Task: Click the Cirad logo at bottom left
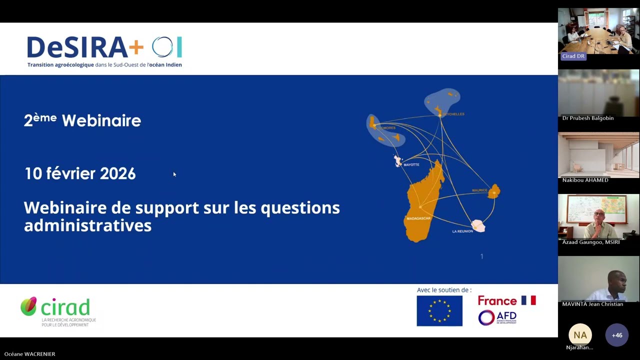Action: pyautogui.click(x=56, y=311)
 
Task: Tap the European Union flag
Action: pyautogui.click(x=439, y=311)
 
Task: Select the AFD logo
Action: pyautogui.click(x=497, y=317)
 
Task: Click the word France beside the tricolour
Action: pyautogui.click(x=497, y=300)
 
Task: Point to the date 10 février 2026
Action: pyautogui.click(x=80, y=173)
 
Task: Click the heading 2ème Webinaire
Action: pyautogui.click(x=82, y=120)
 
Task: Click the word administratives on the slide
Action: pyautogui.click(x=87, y=225)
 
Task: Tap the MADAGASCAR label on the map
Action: pyautogui.click(x=418, y=218)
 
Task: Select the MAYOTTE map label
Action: pyautogui.click(x=411, y=164)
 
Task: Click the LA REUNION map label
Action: pyautogui.click(x=462, y=231)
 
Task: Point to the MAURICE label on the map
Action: pyautogui.click(x=479, y=190)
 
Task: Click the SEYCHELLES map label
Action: pyautogui.click(x=453, y=114)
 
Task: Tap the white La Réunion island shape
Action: pyautogui.click(x=479, y=226)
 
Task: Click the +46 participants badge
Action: pyautogui.click(x=617, y=335)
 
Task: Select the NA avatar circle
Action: pyautogui.click(x=580, y=335)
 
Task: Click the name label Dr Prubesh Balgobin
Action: pyautogui.click(x=588, y=118)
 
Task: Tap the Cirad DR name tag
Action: pyautogui.click(x=573, y=56)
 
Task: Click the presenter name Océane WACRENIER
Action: pyautogui.click(x=30, y=354)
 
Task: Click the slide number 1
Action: pyautogui.click(x=482, y=256)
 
